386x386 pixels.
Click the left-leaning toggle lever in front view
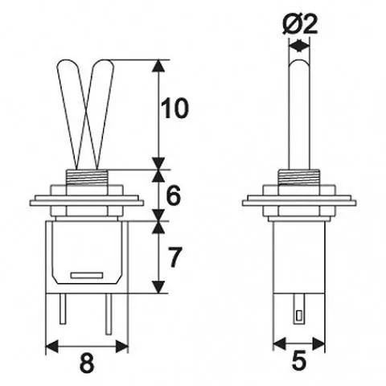[x=72, y=113]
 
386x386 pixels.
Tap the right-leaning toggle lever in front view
[x=102, y=113]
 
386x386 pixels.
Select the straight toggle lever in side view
[x=298, y=113]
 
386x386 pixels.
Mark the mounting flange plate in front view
[x=88, y=201]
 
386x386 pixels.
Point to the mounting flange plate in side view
[x=298, y=201]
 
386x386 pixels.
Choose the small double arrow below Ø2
[x=298, y=47]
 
